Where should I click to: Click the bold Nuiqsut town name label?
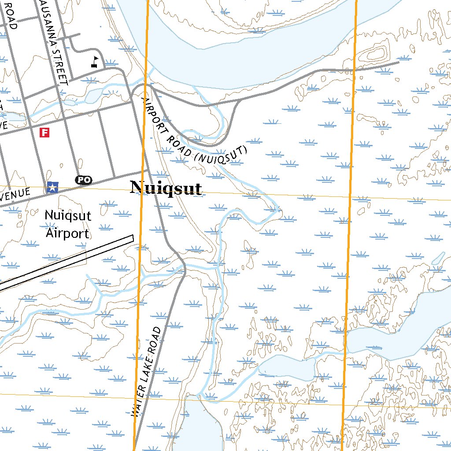pos(166,189)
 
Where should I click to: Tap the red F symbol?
pos(44,132)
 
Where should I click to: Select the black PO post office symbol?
pos(84,180)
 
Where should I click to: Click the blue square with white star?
pos(52,188)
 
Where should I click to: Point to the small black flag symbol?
pos(95,62)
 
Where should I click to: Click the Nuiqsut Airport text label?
pos(68,225)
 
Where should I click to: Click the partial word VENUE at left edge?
pos(15,194)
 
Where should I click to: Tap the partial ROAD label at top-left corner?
pos(11,15)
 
